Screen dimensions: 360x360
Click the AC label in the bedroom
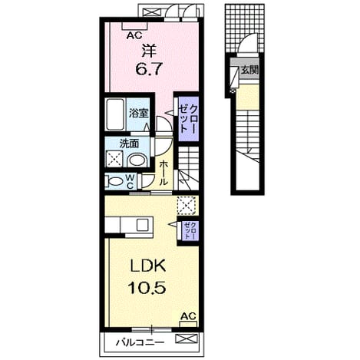(x=134, y=35)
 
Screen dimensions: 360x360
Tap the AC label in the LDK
(x=188, y=316)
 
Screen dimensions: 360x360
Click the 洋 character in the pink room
(x=149, y=51)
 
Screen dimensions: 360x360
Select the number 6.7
(x=149, y=69)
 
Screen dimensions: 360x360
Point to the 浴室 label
(x=138, y=113)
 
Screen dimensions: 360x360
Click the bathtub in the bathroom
(x=115, y=114)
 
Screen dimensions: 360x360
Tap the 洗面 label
(x=130, y=144)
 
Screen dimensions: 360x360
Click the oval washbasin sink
(x=137, y=160)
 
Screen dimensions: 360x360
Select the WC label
(x=130, y=181)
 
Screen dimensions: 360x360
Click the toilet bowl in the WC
(x=114, y=181)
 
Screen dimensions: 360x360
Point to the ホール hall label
(x=163, y=173)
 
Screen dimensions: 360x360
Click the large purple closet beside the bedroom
(x=188, y=119)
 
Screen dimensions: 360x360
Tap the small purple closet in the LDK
(x=190, y=230)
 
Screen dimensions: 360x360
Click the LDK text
(x=148, y=266)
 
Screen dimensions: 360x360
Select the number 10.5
(x=148, y=287)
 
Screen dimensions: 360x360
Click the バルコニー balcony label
(x=140, y=342)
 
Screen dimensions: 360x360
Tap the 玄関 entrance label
(x=249, y=70)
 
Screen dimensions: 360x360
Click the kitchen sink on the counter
(x=142, y=225)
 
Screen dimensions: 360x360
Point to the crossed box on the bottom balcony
(x=187, y=339)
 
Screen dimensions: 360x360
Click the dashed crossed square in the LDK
(x=188, y=205)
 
